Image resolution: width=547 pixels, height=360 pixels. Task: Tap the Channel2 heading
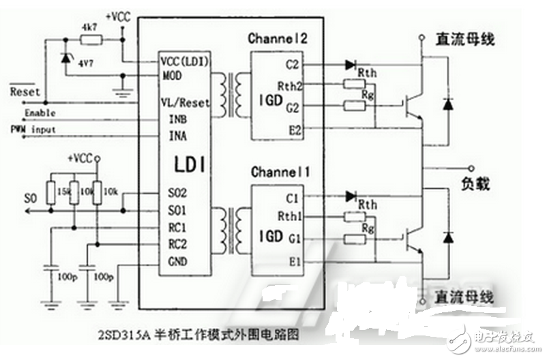click(278, 39)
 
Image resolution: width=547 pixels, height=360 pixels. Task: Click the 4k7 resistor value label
click(89, 27)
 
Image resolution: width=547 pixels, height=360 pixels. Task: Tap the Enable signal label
click(40, 112)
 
